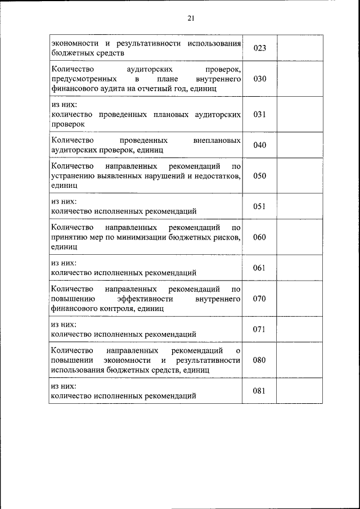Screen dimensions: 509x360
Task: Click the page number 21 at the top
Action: tap(191, 19)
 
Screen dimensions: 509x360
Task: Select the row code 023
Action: tap(259, 48)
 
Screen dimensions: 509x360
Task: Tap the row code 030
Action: tap(259, 79)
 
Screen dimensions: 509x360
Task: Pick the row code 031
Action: tap(259, 114)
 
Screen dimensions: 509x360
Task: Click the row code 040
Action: tap(259, 145)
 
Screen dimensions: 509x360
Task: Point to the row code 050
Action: tap(259, 175)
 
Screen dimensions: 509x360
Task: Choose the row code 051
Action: tap(259, 206)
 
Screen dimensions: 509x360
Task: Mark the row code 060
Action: tap(259, 237)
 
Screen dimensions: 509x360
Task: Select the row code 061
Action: tap(259, 268)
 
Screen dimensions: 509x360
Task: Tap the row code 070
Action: tap(259, 299)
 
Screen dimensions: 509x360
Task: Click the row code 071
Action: tap(259, 329)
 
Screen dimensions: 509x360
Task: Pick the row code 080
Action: tap(259, 360)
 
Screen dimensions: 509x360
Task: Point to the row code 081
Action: tap(259, 391)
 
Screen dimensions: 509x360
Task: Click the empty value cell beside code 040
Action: tap(300, 145)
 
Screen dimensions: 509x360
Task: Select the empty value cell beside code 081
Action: tap(300, 391)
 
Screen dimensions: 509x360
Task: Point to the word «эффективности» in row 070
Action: tap(146, 299)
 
